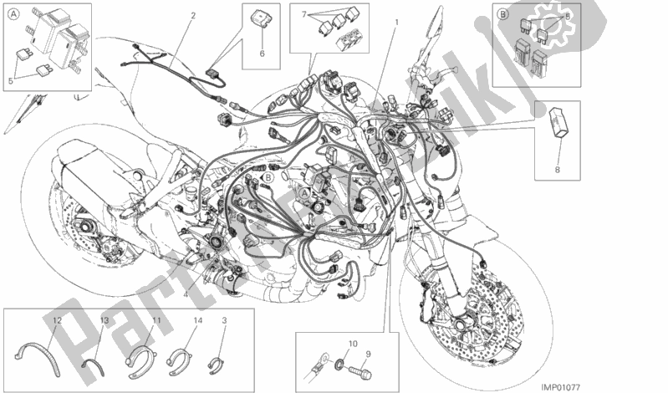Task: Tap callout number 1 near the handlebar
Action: click(397, 23)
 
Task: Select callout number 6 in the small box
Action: click(261, 54)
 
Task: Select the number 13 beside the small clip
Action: click(105, 321)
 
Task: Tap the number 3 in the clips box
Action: click(224, 321)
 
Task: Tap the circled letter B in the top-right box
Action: click(502, 15)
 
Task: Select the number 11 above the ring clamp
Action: click(156, 321)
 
